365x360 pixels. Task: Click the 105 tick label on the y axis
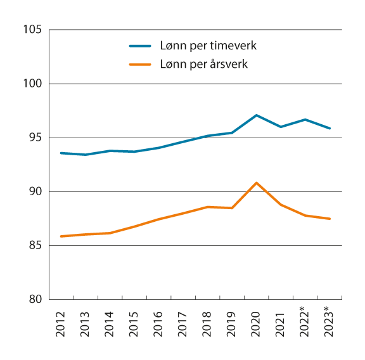[x=31, y=30]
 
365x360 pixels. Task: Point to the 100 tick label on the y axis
[x=31, y=84]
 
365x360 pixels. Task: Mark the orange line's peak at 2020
[x=257, y=183]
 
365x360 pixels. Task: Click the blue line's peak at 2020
[x=257, y=115]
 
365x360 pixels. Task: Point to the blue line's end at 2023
[x=330, y=129]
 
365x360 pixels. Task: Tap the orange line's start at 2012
[x=61, y=236]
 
